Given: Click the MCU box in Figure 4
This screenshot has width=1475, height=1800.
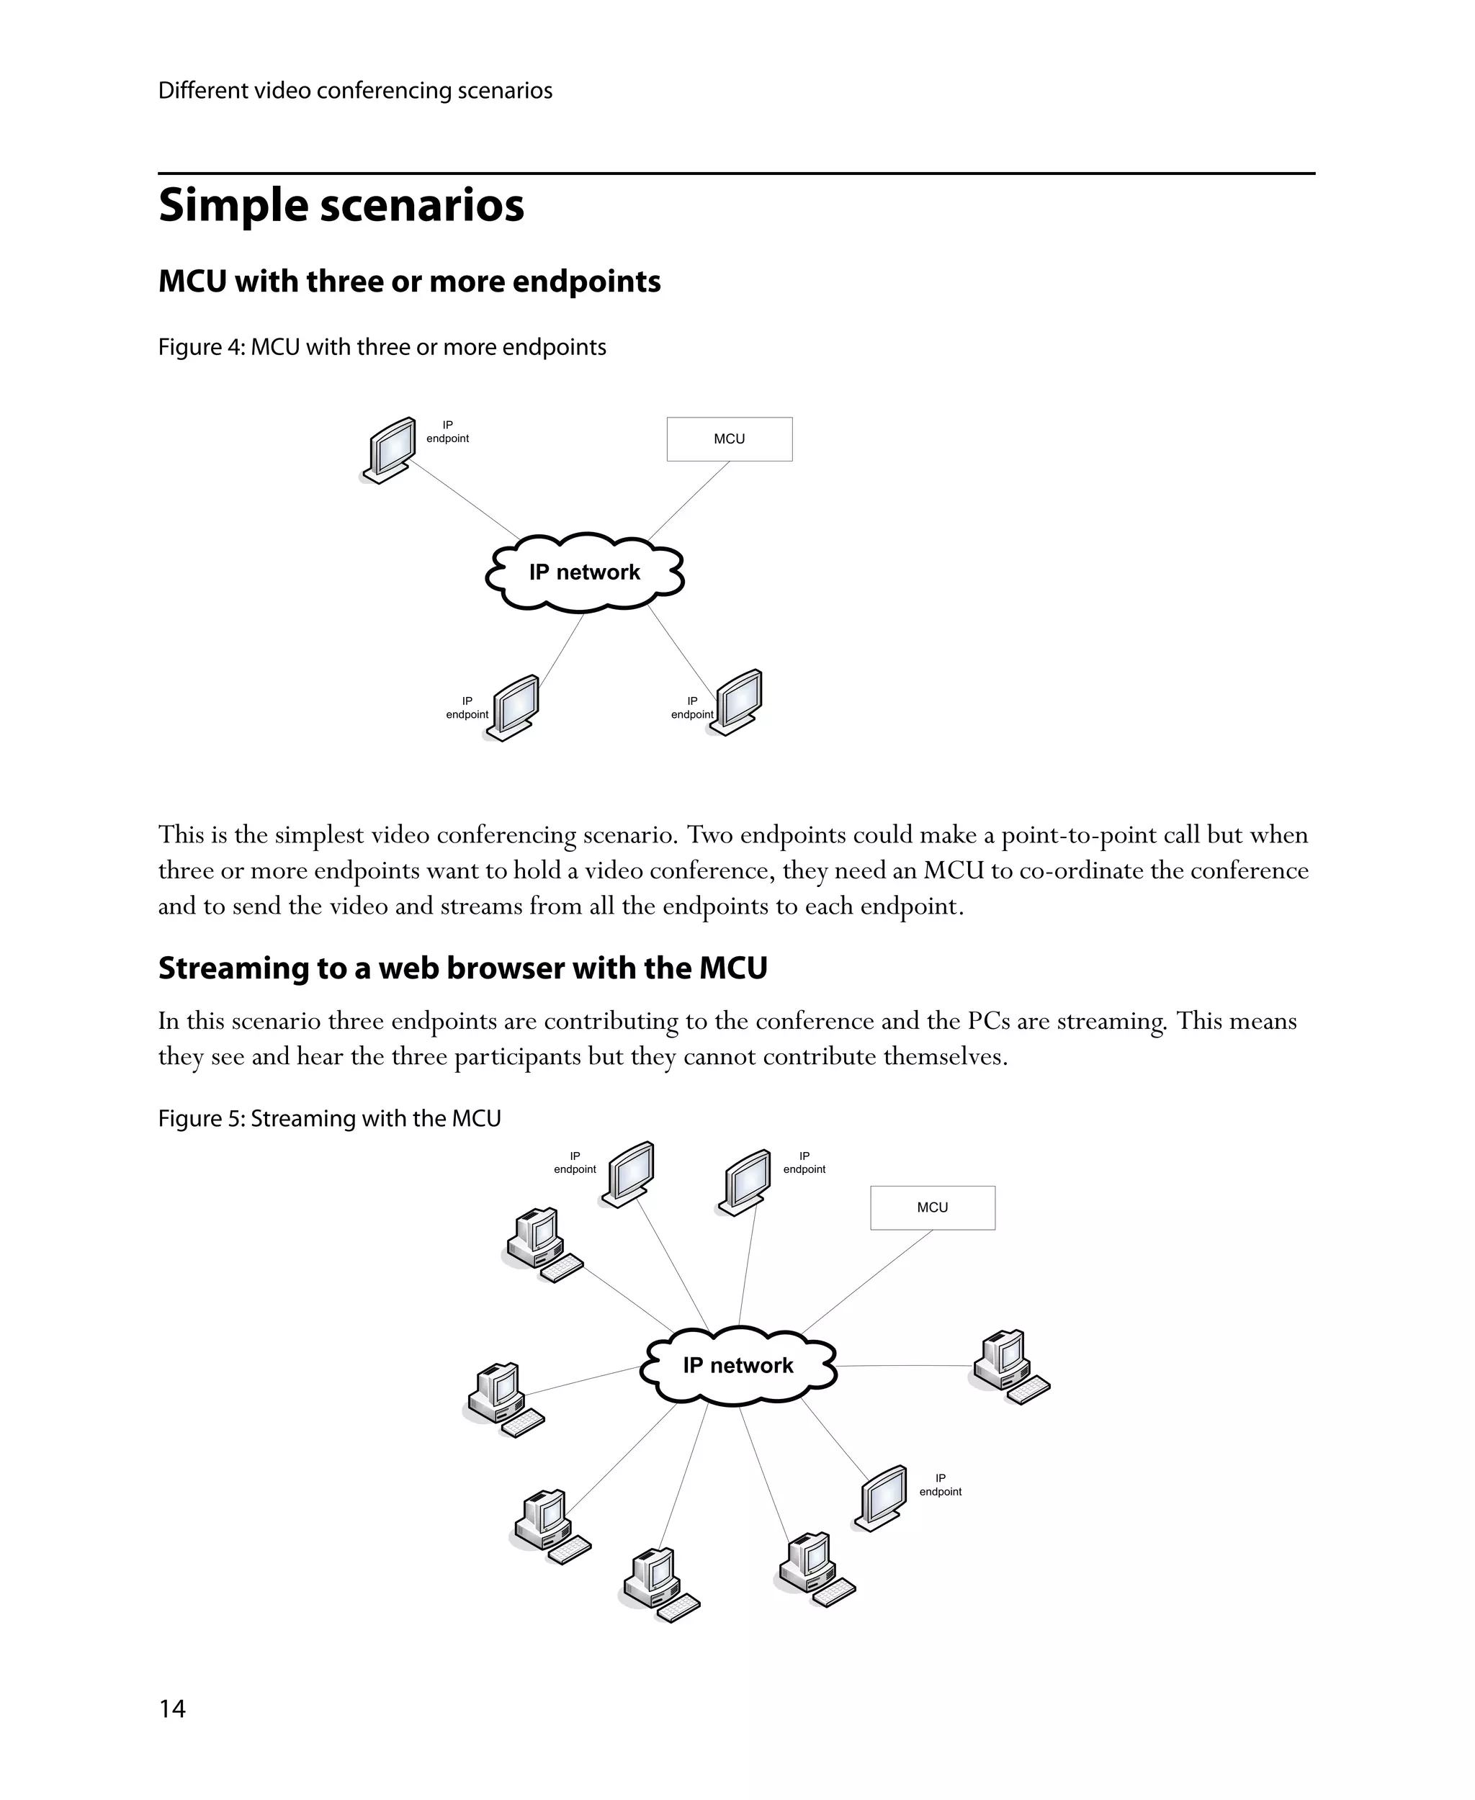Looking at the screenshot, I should coord(729,439).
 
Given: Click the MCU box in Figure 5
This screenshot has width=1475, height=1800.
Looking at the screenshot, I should coord(932,1207).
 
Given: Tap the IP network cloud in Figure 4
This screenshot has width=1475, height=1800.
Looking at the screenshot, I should coord(585,572).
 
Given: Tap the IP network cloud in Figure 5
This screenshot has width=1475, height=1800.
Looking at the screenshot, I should coord(737,1365).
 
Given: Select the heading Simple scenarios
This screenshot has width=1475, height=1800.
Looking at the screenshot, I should coord(341,206).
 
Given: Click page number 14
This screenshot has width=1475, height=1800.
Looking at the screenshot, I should coord(171,1709).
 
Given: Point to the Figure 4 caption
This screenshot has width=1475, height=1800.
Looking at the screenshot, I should coord(382,348).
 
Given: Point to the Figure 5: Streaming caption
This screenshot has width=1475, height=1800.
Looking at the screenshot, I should coord(329,1119).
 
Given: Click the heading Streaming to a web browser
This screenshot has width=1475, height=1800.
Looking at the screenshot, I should coord(462,968).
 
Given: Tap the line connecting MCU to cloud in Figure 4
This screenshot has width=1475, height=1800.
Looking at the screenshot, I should coord(690,500).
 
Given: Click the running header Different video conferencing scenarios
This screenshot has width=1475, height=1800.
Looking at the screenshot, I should coord(355,91).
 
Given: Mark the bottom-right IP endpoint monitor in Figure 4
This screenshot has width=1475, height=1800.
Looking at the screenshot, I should coord(737,702).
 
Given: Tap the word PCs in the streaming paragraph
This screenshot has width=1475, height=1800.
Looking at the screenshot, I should coord(988,1021).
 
